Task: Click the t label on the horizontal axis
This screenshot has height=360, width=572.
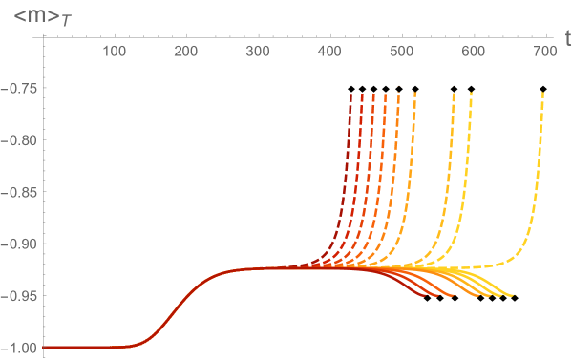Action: [x=566, y=38]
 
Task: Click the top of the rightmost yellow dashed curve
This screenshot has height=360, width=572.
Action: [x=543, y=93]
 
